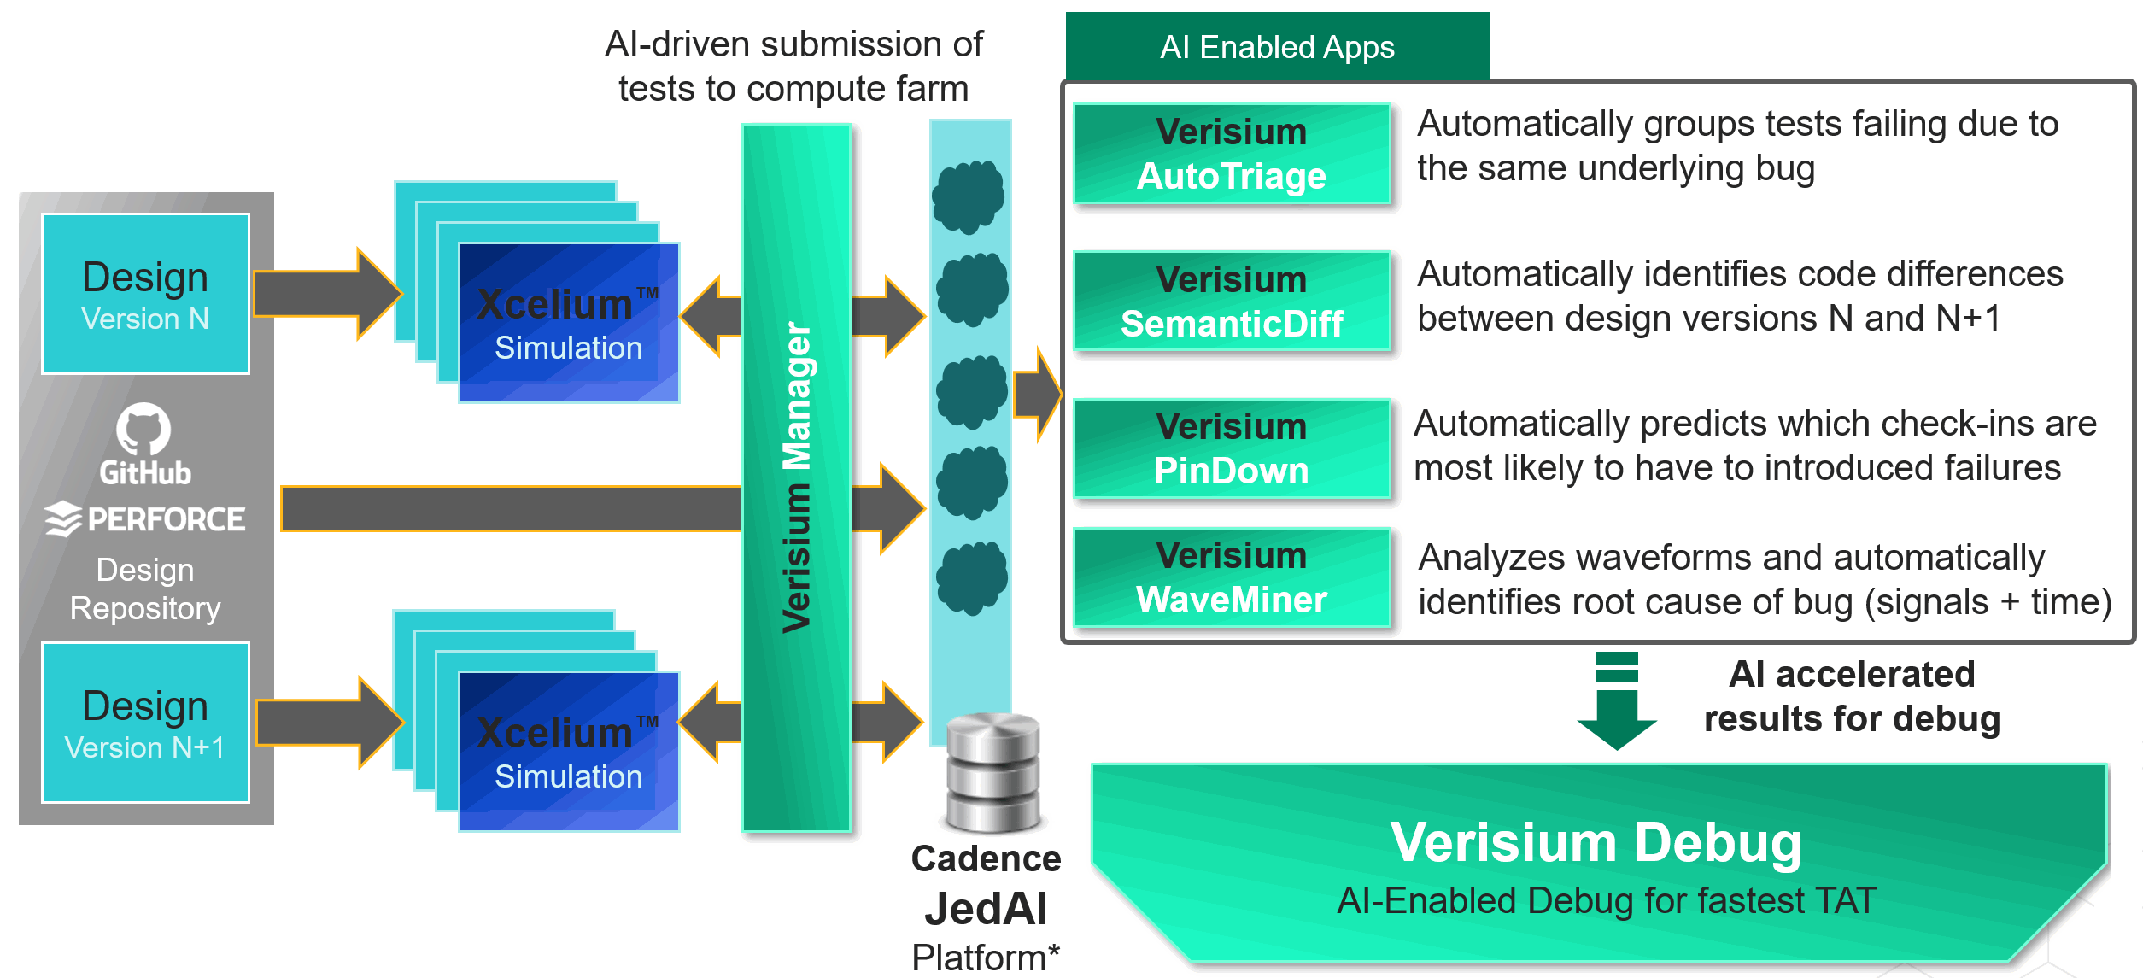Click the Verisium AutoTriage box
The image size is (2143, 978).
click(1231, 154)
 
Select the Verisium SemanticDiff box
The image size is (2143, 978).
click(1231, 302)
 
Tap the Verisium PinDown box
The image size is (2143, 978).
click(1231, 448)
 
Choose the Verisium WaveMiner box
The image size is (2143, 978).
click(1231, 578)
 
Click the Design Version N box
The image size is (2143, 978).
click(145, 294)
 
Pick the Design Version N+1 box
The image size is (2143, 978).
click(145, 723)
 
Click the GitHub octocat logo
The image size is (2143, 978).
click(143, 429)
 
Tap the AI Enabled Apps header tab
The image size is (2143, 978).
click(1277, 47)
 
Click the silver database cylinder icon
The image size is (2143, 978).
click(992, 773)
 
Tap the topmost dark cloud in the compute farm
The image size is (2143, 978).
click(969, 196)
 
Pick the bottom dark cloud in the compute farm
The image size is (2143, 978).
click(972, 578)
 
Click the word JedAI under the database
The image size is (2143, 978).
click(986, 908)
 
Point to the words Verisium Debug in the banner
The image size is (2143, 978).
click(1596, 843)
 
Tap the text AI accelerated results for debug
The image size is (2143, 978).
click(1851, 696)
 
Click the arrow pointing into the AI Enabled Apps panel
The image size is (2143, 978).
click(1037, 395)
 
